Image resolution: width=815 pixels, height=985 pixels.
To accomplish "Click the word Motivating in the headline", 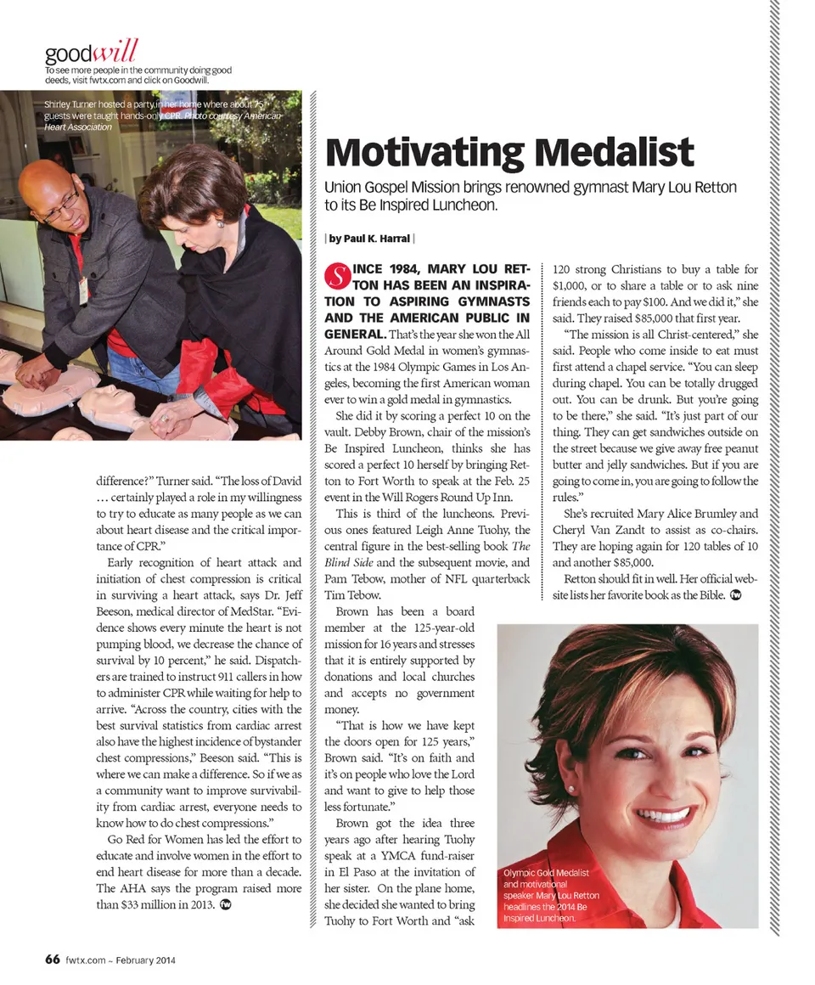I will tap(419, 153).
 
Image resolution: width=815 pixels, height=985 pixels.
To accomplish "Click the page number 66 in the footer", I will tap(52, 960).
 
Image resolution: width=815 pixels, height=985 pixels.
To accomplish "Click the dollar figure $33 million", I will tap(145, 904).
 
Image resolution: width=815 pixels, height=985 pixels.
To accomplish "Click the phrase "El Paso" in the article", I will tap(351, 872).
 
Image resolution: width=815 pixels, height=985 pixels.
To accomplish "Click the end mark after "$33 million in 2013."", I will tap(225, 904).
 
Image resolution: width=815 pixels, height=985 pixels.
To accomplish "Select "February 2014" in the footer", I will tap(145, 961).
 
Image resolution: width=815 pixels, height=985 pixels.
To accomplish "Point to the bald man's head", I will tap(47, 183).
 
